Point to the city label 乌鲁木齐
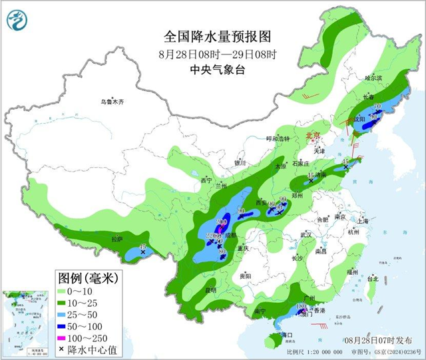112,102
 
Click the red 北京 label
312,136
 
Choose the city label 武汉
306,235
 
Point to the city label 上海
362,220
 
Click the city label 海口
288,333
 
